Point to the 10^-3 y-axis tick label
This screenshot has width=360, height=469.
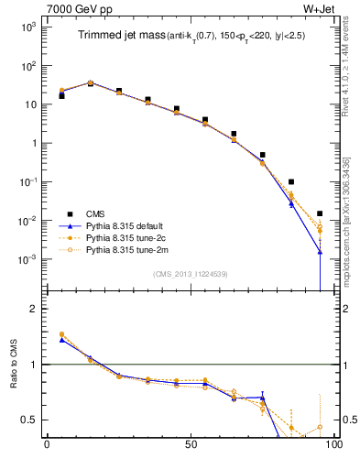[x=25, y=259]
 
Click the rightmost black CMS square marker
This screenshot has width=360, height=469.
[x=320, y=213]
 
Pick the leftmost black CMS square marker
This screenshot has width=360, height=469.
[x=61, y=95]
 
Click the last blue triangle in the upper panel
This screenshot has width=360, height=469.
[x=320, y=251]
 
